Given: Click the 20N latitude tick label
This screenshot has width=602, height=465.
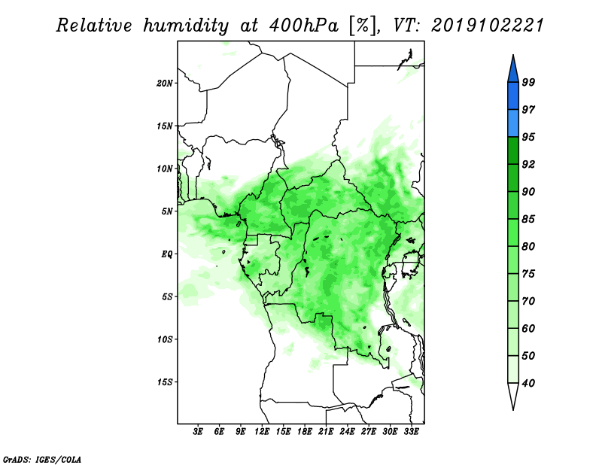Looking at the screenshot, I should pyautogui.click(x=165, y=83).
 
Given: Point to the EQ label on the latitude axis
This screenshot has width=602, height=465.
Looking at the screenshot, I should pyautogui.click(x=167, y=254).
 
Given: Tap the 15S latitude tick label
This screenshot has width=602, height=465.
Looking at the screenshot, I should pyautogui.click(x=165, y=381).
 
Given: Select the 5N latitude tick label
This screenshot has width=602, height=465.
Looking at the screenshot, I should pyautogui.click(x=167, y=211).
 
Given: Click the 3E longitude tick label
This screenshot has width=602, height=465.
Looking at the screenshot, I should pyautogui.click(x=199, y=433).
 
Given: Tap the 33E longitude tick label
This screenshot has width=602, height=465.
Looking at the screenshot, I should pyautogui.click(x=412, y=433).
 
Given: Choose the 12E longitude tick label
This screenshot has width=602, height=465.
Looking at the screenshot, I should pyautogui.click(x=263, y=433).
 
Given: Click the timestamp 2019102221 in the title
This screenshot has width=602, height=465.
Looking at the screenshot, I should pyautogui.click(x=488, y=26).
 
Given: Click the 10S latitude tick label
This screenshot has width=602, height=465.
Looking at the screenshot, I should pyautogui.click(x=165, y=339).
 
